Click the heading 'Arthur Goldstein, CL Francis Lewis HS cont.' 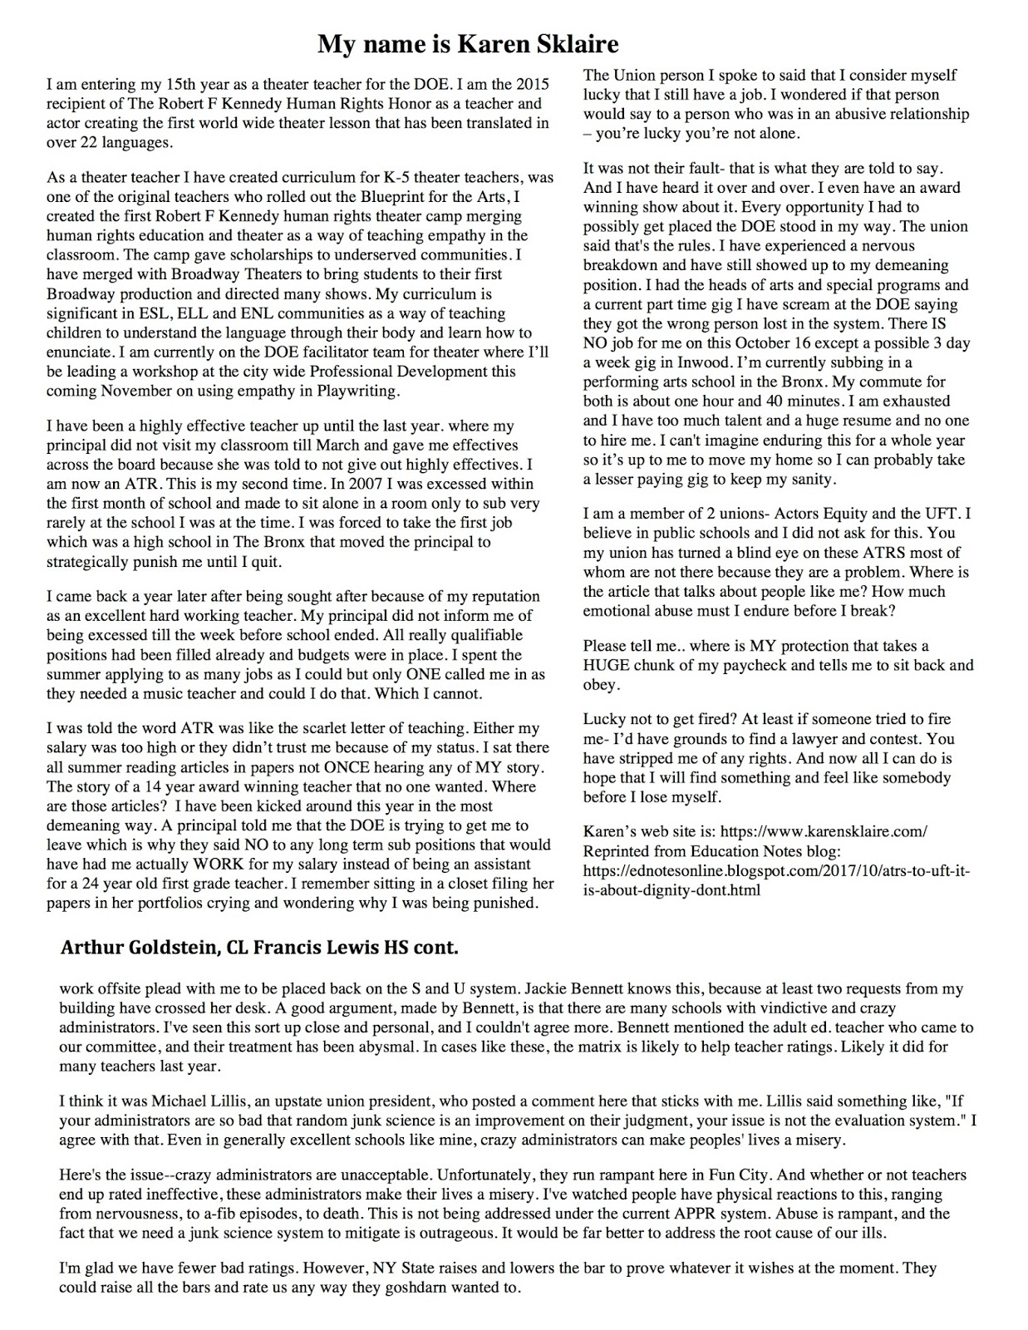point(258,948)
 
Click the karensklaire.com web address point(823,831)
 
